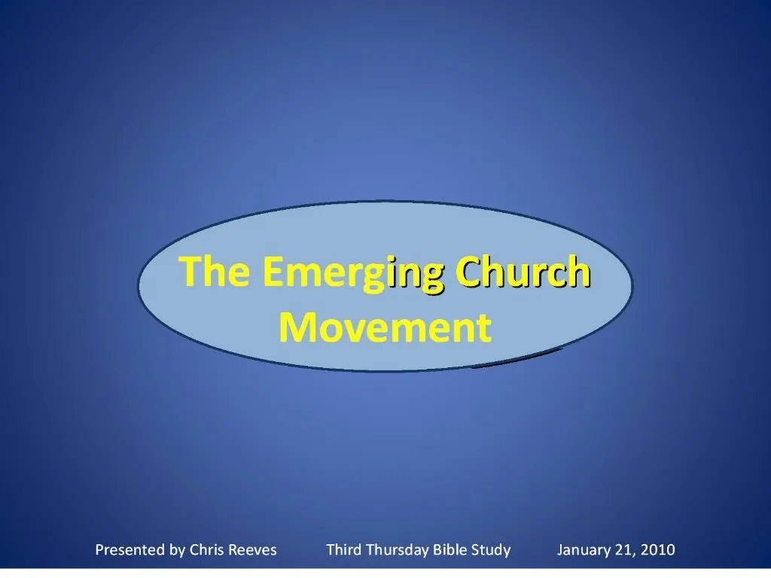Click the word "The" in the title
click(215, 271)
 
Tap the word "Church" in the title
click(523, 271)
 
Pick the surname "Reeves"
click(253, 549)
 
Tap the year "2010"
click(657, 549)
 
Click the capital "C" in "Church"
click(468, 271)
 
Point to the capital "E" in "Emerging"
click(273, 271)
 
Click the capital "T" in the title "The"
click(191, 271)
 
